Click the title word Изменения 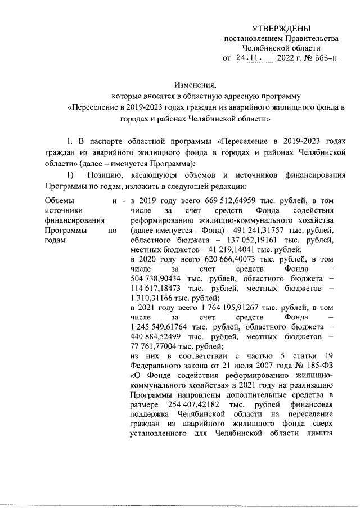195,85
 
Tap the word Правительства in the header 313,39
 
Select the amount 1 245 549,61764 161,331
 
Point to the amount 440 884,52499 157,341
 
